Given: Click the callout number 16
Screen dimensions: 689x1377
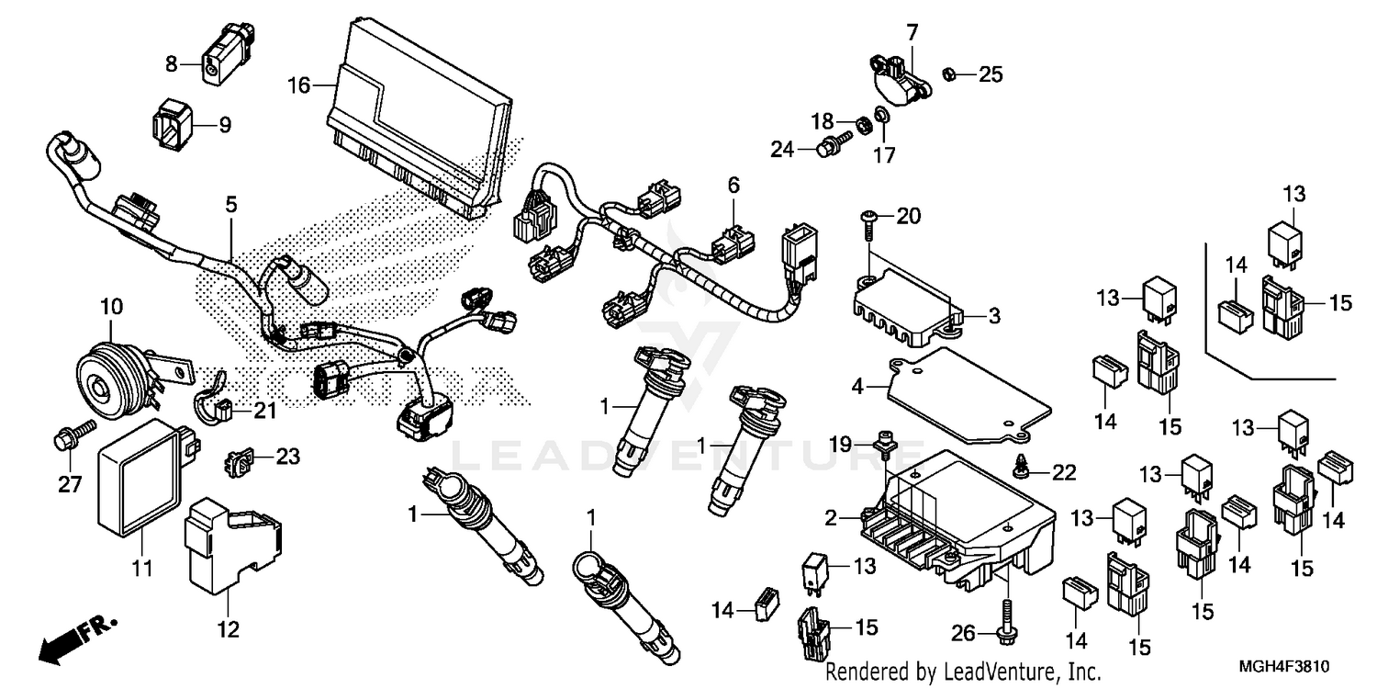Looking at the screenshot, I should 298,85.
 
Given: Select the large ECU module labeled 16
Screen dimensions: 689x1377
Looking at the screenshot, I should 418,115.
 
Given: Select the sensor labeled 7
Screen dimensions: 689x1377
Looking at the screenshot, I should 898,78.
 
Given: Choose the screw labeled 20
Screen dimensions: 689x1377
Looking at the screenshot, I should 869,218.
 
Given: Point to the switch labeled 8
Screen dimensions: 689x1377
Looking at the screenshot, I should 220,65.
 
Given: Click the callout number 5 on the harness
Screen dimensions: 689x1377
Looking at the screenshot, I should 230,205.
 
